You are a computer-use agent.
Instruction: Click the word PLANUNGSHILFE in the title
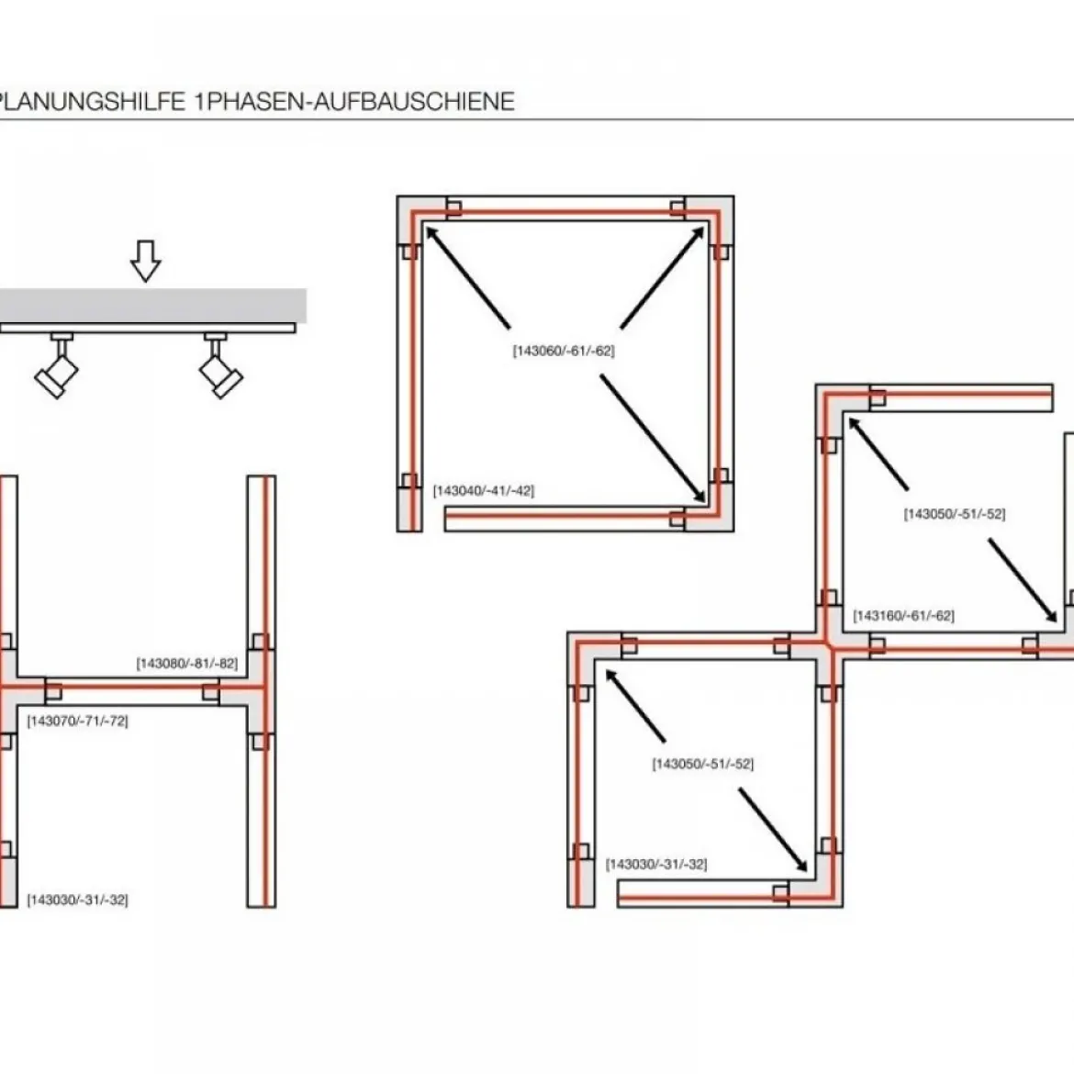(93, 101)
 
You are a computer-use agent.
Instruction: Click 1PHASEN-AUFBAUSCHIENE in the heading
(354, 101)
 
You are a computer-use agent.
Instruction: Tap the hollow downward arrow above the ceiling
(145, 261)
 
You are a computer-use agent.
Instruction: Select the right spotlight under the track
(219, 365)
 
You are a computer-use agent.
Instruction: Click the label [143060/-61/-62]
(564, 351)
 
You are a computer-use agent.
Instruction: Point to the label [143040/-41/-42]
(484, 490)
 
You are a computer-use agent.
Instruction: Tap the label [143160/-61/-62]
(903, 615)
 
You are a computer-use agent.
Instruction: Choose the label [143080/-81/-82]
(187, 663)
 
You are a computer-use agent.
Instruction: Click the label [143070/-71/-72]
(77, 721)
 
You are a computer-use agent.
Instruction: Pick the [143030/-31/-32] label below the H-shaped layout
(77, 900)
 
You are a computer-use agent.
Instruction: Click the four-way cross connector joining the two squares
(829, 646)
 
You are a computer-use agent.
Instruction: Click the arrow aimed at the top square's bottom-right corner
(653, 439)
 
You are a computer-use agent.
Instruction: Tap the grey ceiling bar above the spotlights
(152, 306)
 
